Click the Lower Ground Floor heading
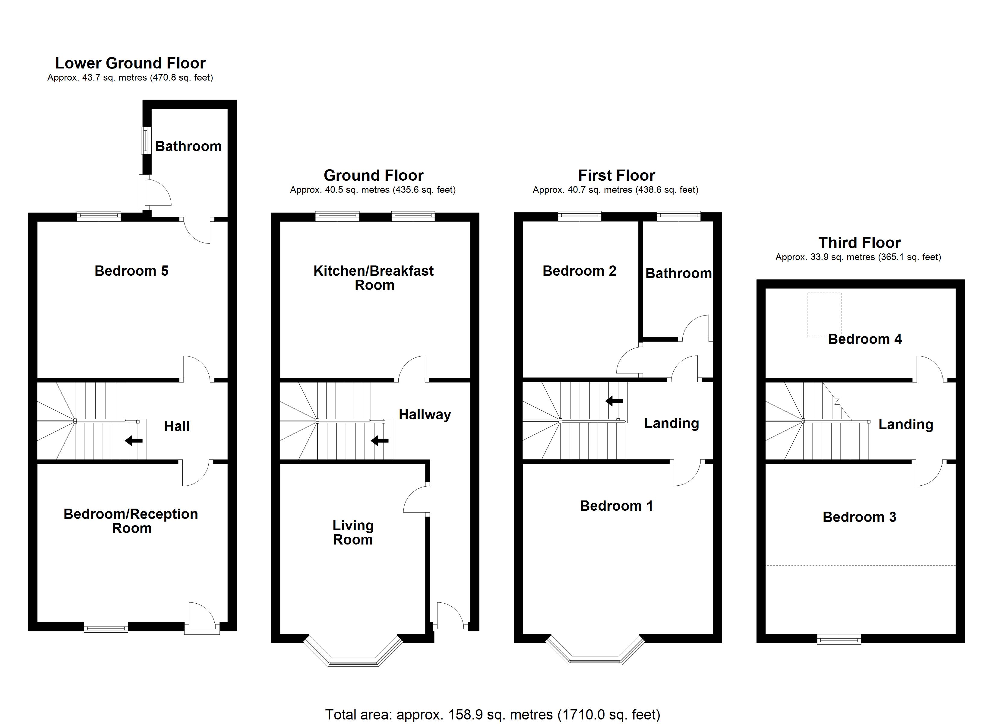pos(130,63)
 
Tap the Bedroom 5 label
pos(132,271)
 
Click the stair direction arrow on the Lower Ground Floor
pos(134,440)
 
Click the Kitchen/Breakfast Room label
pos(374,278)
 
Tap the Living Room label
pos(353,532)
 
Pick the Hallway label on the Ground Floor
pos(425,414)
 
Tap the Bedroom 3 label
pos(859,517)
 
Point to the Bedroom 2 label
pos(580,271)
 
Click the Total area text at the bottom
pos(493,715)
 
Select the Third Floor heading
pos(859,243)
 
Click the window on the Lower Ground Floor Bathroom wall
pos(146,141)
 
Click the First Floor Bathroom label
pos(678,274)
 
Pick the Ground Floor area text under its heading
pos(373,190)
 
